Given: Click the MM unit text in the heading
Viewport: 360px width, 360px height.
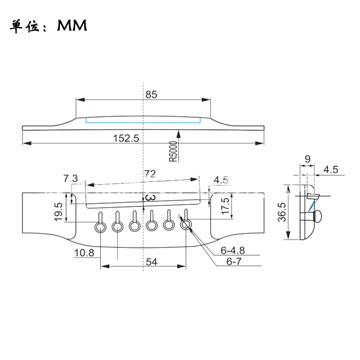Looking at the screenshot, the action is (x=72, y=26).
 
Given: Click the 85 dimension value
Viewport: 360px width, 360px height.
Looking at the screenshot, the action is (x=151, y=94).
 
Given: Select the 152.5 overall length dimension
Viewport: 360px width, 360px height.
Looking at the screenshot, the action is (x=126, y=138).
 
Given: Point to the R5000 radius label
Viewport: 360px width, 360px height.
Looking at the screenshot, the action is (x=173, y=151).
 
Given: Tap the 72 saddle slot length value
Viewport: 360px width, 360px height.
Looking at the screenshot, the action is (x=150, y=174).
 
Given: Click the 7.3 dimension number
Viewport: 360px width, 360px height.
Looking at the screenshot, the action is (x=71, y=178).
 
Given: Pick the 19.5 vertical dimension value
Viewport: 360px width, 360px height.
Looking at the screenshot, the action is (x=58, y=211).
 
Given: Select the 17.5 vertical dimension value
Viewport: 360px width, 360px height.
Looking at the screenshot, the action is (x=225, y=206).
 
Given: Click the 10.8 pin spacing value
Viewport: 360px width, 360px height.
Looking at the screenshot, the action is (x=84, y=253).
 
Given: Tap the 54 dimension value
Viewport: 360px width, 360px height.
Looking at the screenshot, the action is (x=151, y=262).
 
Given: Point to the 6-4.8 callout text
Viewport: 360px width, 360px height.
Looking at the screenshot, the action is (x=233, y=250).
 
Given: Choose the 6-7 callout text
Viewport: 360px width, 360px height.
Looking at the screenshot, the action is (x=234, y=261).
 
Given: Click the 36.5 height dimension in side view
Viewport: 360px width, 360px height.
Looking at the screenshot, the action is (x=282, y=212).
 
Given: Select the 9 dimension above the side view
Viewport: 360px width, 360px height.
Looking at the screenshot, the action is (x=308, y=159).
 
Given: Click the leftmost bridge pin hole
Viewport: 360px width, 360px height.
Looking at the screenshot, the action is (x=100, y=227).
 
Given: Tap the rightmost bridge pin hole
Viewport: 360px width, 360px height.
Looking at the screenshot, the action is (x=186, y=225).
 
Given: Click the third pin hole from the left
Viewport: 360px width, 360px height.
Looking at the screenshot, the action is (x=135, y=226).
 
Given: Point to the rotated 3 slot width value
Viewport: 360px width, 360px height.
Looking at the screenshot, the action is (x=151, y=197).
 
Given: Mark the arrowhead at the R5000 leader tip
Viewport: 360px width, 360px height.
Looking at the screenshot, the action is (x=179, y=134).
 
